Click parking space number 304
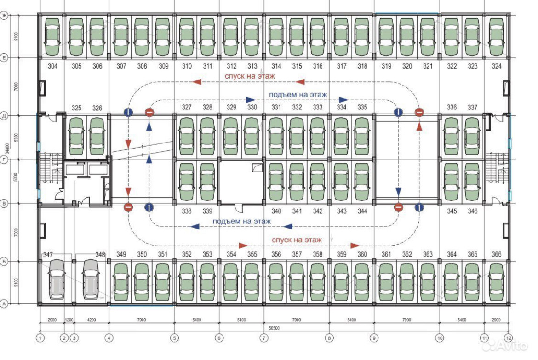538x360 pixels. tap(53, 66)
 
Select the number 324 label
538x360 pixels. tap(497, 66)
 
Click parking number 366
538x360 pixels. tap(497, 254)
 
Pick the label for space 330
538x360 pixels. tap(252, 108)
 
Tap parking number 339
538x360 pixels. tap(207, 211)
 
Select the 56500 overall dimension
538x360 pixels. tap(275, 328)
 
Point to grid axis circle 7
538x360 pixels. tap(264, 338)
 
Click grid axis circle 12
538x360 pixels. tap(508, 338)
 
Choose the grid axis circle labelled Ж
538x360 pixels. tap(5, 16)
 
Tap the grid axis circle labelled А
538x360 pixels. tap(5, 303)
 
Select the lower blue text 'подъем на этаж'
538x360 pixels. tap(241, 221)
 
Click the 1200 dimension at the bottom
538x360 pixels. tap(69, 320)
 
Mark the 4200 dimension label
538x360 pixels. tap(92, 320)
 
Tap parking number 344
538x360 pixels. tap(362, 211)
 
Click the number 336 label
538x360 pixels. tap(452, 108)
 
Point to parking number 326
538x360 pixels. tap(97, 109)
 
